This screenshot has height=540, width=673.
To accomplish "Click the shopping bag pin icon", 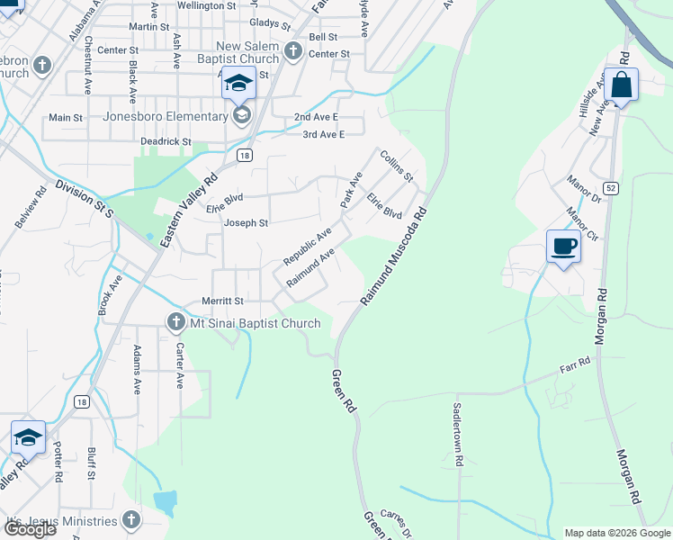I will pyautogui.click(x=621, y=86).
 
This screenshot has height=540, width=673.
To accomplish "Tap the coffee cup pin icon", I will pyautogui.click(x=563, y=246).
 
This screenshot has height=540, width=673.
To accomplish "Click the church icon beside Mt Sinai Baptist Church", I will pyautogui.click(x=176, y=321).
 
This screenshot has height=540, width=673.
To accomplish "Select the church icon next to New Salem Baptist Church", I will pyautogui.click(x=293, y=51).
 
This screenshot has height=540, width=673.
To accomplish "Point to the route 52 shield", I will pyautogui.click(x=610, y=187).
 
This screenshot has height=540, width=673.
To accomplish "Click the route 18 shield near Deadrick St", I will pyautogui.click(x=244, y=156).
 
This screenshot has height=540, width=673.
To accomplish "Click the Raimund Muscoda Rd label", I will pyautogui.click(x=392, y=256).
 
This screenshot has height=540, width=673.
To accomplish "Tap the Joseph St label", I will pyautogui.click(x=246, y=222).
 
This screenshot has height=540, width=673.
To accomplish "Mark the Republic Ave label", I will pyautogui.click(x=308, y=246).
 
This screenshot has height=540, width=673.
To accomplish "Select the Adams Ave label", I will pyautogui.click(x=137, y=369).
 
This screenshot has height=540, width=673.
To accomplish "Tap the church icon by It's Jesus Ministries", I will pyautogui.click(x=131, y=519).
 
